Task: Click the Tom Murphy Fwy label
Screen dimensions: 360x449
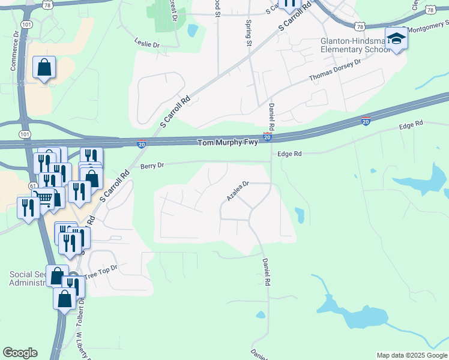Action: click(x=223, y=143)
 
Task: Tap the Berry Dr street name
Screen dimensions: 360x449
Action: click(x=152, y=166)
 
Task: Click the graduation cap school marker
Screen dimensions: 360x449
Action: click(x=396, y=40)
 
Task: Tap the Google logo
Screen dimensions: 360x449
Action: click(x=20, y=353)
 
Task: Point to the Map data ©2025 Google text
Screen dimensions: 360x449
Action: click(x=412, y=355)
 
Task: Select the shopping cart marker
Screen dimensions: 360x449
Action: click(x=44, y=197)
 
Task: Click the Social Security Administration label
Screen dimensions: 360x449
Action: click(x=27, y=278)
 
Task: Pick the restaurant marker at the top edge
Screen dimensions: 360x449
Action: click(x=290, y=4)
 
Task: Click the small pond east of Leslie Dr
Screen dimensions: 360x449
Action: click(x=192, y=30)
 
